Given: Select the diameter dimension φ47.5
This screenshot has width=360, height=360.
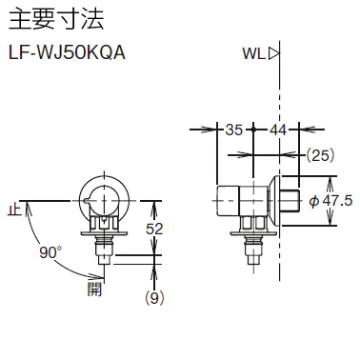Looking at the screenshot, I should click(331, 201).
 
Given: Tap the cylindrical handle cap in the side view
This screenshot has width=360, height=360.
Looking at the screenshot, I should click(228, 200).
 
